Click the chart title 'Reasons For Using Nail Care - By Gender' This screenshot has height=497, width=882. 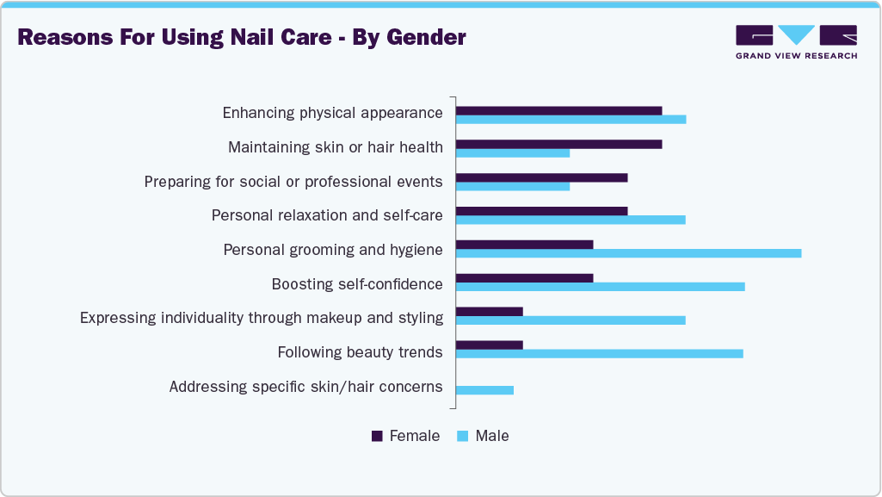click(242, 38)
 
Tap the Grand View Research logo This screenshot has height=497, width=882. click(796, 41)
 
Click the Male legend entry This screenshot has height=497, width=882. click(484, 436)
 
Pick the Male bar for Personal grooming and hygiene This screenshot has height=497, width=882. click(628, 253)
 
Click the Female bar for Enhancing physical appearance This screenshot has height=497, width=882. click(558, 110)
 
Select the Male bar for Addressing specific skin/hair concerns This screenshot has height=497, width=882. click(484, 390)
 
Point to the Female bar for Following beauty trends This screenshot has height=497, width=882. click(489, 345)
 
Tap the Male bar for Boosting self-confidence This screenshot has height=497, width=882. click(600, 287)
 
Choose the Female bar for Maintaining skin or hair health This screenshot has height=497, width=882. click(558, 144)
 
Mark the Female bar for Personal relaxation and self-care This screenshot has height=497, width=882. click(541, 211)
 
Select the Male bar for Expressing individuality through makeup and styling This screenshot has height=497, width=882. click(571, 320)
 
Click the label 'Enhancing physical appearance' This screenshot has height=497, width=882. click(332, 113)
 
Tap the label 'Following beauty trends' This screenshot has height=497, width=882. click(360, 352)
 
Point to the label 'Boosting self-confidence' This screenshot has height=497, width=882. click(357, 284)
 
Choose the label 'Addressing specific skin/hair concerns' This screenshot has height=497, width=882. click(305, 387)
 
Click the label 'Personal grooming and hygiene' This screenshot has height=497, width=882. click(333, 250)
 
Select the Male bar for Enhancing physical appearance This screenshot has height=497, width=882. click(571, 119)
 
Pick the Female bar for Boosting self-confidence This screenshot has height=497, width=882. click(524, 278)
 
